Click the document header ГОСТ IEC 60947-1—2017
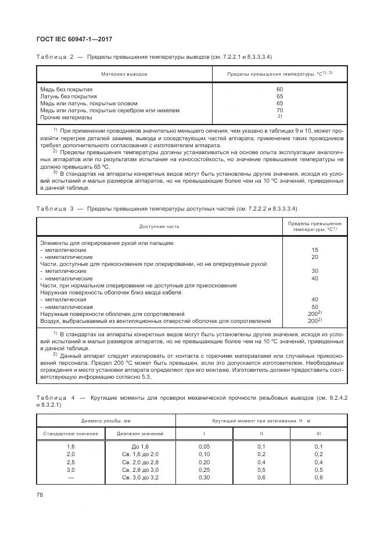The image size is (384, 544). (74, 40)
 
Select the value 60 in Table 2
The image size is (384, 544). (279, 89)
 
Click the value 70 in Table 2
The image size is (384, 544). (279, 110)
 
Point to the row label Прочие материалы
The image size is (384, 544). (66, 117)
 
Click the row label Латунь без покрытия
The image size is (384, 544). (69, 96)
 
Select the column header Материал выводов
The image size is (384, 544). (124, 74)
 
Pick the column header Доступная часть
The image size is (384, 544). (159, 227)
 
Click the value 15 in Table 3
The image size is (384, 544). (315, 249)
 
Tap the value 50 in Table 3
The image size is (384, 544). (315, 307)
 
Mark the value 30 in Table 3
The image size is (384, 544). (315, 271)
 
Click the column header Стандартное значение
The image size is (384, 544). (71, 433)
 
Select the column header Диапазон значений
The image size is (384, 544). (140, 433)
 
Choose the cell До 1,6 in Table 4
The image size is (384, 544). (140, 446)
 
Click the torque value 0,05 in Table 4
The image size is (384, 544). (204, 446)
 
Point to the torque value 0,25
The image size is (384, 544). (204, 469)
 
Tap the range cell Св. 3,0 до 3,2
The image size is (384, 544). (140, 477)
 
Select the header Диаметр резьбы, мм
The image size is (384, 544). (106, 420)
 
